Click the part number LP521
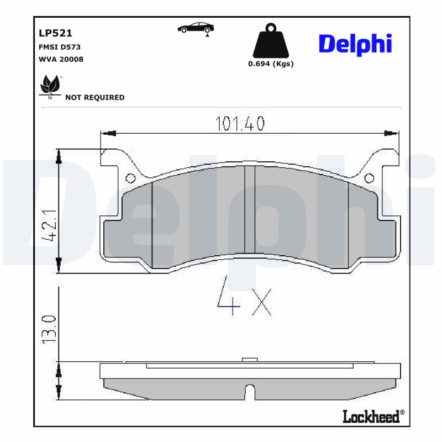[55, 33]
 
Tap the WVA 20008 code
[61, 59]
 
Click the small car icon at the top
[196, 29]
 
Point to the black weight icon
[270, 41]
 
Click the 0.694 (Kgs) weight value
[270, 64]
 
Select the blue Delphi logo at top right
[355, 44]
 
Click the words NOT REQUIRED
[95, 97]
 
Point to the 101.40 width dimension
[240, 124]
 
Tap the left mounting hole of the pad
[131, 178]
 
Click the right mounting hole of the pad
[369, 178]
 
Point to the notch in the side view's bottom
[250, 392]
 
